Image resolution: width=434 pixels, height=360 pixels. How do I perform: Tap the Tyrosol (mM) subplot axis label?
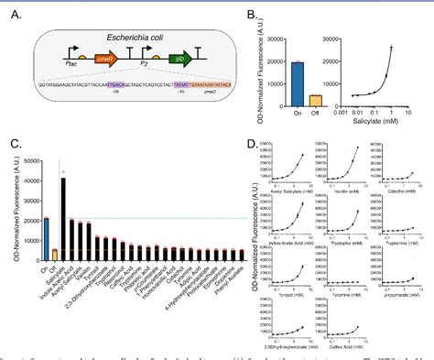tap(289, 285)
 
